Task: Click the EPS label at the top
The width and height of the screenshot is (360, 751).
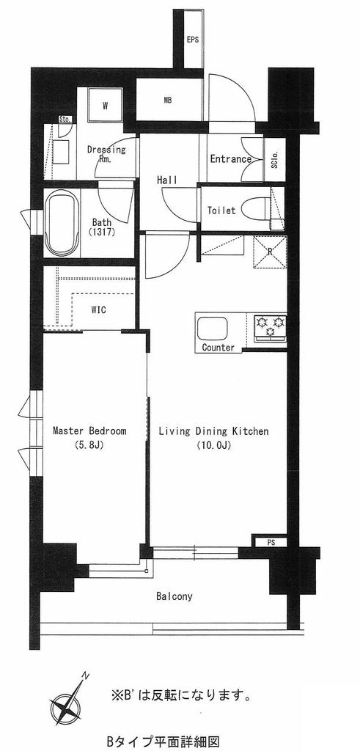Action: click(192, 40)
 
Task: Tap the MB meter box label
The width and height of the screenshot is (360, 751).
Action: click(168, 100)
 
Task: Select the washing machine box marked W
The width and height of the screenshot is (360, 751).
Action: click(105, 106)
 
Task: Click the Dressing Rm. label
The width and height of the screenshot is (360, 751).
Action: click(106, 154)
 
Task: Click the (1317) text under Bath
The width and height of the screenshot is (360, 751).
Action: click(102, 232)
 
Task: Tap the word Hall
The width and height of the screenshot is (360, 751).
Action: click(167, 180)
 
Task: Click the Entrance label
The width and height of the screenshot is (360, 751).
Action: click(231, 159)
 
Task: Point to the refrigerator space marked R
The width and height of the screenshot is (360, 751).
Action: click(270, 252)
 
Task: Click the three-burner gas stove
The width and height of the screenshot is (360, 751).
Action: click(270, 327)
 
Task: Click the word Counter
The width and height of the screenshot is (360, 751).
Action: click(218, 347)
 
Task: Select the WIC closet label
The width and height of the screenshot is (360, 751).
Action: click(99, 309)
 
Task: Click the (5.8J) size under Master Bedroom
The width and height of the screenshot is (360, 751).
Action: click(89, 445)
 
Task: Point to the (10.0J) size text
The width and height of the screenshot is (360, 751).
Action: click(214, 445)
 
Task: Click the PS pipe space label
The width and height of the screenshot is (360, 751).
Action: click(271, 543)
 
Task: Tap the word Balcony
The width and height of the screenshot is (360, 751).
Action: click(175, 596)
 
